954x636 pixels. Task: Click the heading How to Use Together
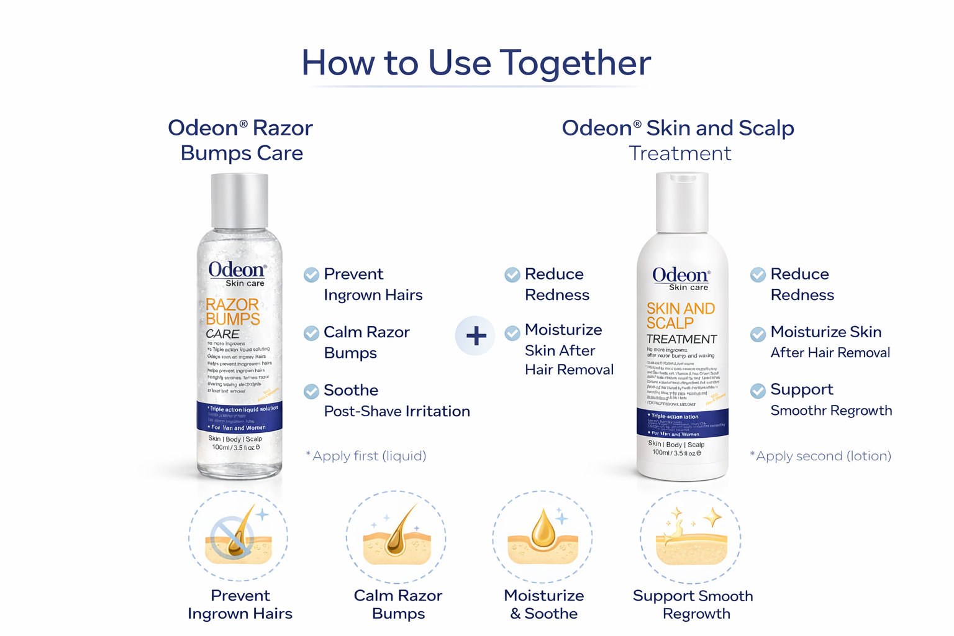click(476, 63)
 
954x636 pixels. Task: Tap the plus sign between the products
click(476, 336)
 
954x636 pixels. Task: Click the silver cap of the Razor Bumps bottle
click(240, 201)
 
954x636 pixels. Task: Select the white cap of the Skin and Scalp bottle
click(682, 202)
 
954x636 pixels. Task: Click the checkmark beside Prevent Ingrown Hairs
click(311, 275)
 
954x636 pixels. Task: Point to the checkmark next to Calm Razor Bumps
click(311, 334)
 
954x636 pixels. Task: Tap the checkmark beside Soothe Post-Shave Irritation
click(311, 391)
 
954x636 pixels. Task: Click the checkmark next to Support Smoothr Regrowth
click(758, 391)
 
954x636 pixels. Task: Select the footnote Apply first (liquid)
click(366, 456)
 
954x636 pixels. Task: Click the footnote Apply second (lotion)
click(820, 456)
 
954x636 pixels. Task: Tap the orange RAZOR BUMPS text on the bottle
click(232, 312)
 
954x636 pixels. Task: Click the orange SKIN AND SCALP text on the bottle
click(680, 316)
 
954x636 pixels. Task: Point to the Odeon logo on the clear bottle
click(237, 270)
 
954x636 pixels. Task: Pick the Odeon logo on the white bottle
click(681, 275)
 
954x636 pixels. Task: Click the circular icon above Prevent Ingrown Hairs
click(238, 537)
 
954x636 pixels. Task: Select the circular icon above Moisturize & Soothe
click(543, 537)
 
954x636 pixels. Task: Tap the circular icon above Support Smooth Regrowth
click(691, 537)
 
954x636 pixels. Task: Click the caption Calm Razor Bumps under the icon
click(398, 604)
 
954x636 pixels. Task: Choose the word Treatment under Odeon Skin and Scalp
click(679, 153)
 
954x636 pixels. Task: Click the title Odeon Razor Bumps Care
click(241, 140)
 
